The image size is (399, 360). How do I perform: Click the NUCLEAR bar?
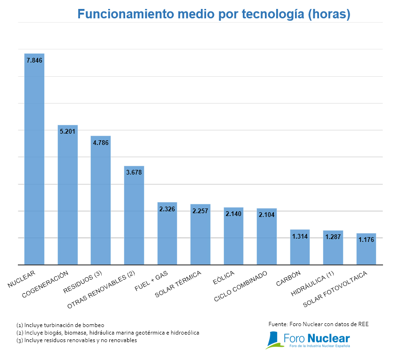click(x=34, y=160)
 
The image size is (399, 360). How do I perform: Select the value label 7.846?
click(x=34, y=60)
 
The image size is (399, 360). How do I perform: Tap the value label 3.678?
click(x=134, y=172)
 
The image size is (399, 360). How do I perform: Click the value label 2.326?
click(x=167, y=208)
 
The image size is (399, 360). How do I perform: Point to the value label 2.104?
click(x=267, y=215)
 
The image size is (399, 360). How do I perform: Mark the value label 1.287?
click(x=333, y=237)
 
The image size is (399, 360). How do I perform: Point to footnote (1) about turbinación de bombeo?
click(x=60, y=325)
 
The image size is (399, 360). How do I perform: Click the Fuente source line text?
click(x=318, y=324)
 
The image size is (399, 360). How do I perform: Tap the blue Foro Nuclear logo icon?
click(x=273, y=339)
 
